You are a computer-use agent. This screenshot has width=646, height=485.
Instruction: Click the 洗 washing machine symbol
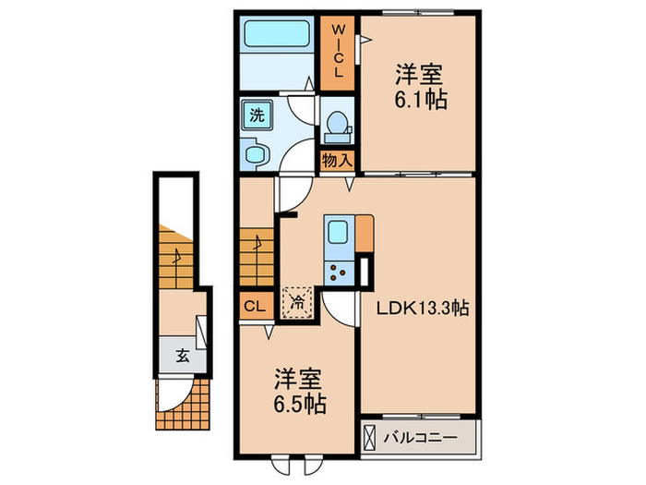tap(253, 116)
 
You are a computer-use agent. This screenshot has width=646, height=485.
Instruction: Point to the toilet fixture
tap(338, 125)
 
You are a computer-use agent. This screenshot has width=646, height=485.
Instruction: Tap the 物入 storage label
tap(337, 160)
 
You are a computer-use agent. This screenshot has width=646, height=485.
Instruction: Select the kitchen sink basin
tap(338, 232)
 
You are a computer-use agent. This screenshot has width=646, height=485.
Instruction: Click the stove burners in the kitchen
tap(338, 272)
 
